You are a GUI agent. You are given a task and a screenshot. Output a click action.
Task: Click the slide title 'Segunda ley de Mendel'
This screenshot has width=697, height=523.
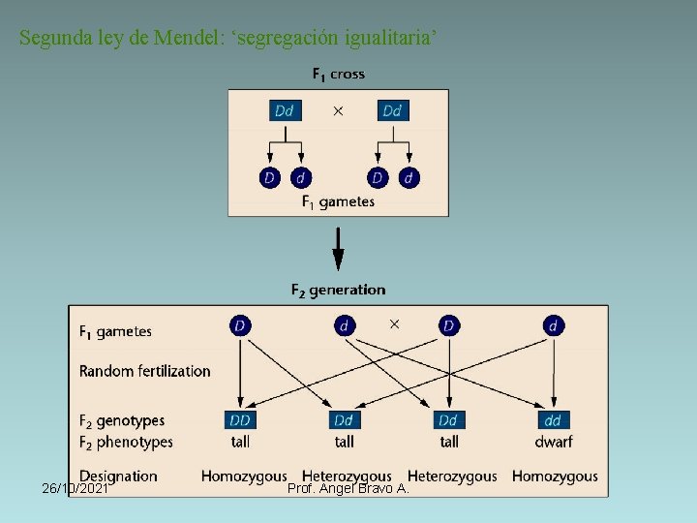click(x=228, y=39)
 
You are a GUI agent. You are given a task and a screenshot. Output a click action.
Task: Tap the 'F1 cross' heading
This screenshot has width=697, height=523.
click(x=338, y=74)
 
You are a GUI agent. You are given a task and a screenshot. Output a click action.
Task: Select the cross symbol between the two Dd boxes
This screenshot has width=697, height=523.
click(x=338, y=111)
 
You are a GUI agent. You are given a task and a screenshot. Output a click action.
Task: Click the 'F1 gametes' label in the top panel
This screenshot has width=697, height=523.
click(x=338, y=201)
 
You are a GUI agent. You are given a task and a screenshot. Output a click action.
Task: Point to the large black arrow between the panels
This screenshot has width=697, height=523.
click(x=338, y=248)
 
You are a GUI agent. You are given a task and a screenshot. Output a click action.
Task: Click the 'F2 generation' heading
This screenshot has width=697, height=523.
click(x=338, y=290)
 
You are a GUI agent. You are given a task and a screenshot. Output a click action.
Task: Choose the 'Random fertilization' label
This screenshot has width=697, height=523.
click(x=144, y=371)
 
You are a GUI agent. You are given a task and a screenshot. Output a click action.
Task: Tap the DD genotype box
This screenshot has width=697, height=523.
click(x=240, y=420)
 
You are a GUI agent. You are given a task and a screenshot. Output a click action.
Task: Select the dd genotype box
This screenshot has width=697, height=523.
click(x=553, y=420)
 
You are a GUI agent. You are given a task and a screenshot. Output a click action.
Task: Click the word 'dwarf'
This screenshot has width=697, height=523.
click(x=553, y=442)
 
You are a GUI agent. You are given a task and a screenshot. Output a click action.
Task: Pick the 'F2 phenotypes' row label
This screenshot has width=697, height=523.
click(x=126, y=442)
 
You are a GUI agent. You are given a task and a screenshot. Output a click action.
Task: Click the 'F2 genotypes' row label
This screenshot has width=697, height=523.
click(x=122, y=421)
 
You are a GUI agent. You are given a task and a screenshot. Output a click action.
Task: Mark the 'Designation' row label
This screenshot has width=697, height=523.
click(x=118, y=476)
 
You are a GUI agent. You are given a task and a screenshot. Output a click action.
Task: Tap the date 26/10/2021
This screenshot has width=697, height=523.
click(x=76, y=489)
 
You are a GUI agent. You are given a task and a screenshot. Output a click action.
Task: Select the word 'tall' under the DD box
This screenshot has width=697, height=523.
click(x=240, y=442)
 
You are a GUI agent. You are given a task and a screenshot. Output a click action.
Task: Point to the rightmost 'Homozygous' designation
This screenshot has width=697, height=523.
click(x=555, y=476)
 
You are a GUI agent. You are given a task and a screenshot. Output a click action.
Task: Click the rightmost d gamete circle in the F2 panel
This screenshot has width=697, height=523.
click(x=553, y=325)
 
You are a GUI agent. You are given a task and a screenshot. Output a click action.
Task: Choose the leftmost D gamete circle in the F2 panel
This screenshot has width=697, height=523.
click(x=240, y=325)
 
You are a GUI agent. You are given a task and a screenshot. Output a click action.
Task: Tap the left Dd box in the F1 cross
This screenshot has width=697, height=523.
click(x=285, y=110)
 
